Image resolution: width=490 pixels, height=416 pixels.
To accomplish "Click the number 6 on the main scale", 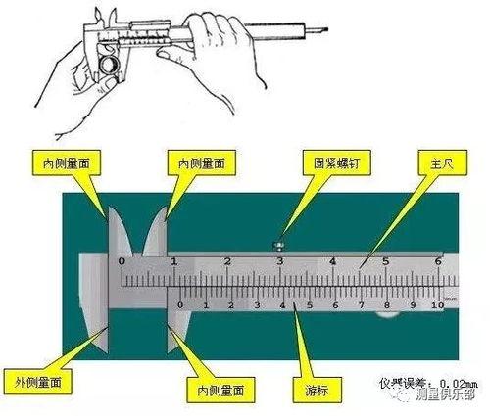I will [x=438, y=262].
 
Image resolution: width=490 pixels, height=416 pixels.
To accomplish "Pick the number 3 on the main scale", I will [x=279, y=262].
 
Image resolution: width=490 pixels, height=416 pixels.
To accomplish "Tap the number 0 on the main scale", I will [x=121, y=262].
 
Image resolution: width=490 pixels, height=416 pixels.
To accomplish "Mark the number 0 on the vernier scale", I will [x=180, y=305].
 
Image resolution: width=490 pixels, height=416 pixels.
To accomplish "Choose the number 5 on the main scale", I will [x=385, y=262].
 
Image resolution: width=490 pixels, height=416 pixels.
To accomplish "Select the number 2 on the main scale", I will [x=226, y=262].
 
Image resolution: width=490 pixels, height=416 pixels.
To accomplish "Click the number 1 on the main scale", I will [x=173, y=262].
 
